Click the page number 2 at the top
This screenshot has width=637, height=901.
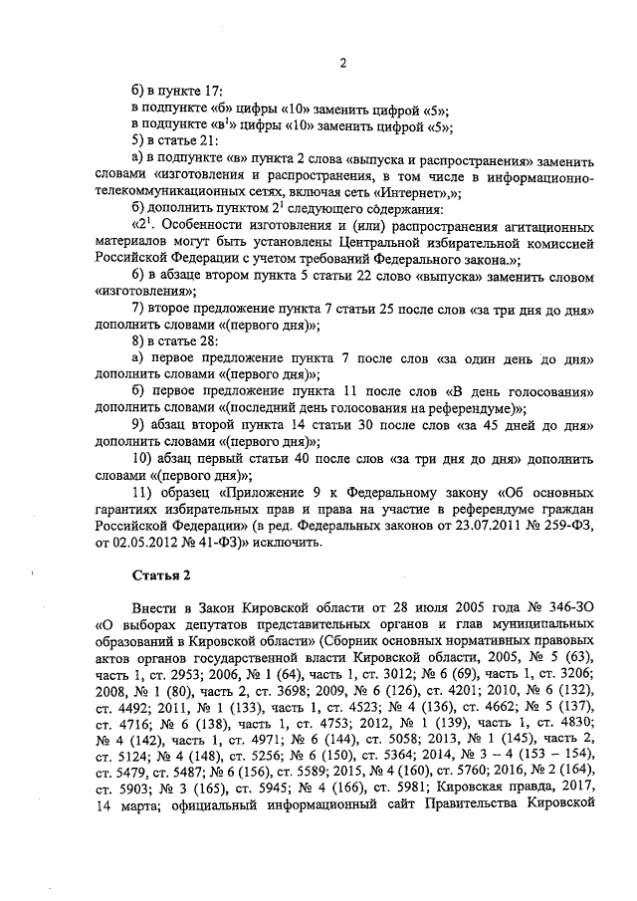click(x=341, y=66)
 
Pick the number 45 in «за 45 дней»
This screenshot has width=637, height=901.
click(x=497, y=422)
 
